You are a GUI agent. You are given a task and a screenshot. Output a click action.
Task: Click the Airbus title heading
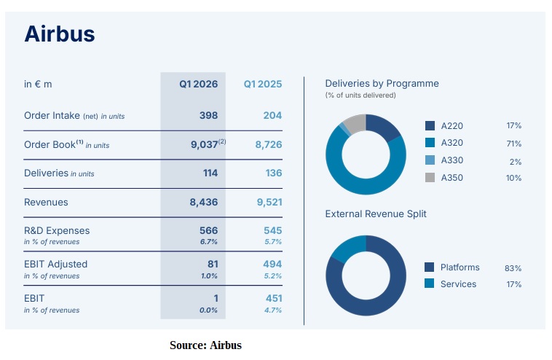coord(60,34)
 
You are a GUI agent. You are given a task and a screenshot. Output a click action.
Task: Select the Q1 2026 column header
coord(199,85)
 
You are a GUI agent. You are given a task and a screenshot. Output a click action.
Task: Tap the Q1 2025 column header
coord(263,85)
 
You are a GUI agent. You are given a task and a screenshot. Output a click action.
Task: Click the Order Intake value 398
coord(208,115)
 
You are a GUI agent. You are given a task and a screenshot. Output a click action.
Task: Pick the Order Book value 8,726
coord(269,145)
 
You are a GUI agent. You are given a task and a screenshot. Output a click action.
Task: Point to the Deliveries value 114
coord(210,173)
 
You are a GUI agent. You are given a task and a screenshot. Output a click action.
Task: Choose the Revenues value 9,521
coord(269,202)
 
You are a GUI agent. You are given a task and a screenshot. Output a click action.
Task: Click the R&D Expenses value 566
coord(209,230)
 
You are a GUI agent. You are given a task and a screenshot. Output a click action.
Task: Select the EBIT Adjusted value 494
coord(272,264)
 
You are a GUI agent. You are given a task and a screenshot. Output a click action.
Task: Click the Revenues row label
coord(46,202)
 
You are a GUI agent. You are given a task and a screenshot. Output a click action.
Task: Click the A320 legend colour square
coord(430,143)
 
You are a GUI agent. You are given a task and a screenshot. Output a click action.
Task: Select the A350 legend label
coord(452,178)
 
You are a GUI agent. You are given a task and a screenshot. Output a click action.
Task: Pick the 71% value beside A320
coord(513,144)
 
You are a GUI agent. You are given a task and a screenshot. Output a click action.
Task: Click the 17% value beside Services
coord(513,284)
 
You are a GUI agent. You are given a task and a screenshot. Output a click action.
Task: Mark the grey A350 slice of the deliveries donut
coord(354,123)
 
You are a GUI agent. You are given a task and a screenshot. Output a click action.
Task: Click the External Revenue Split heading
coord(376,214)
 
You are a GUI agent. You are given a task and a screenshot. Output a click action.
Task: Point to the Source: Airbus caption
coord(205,345)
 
